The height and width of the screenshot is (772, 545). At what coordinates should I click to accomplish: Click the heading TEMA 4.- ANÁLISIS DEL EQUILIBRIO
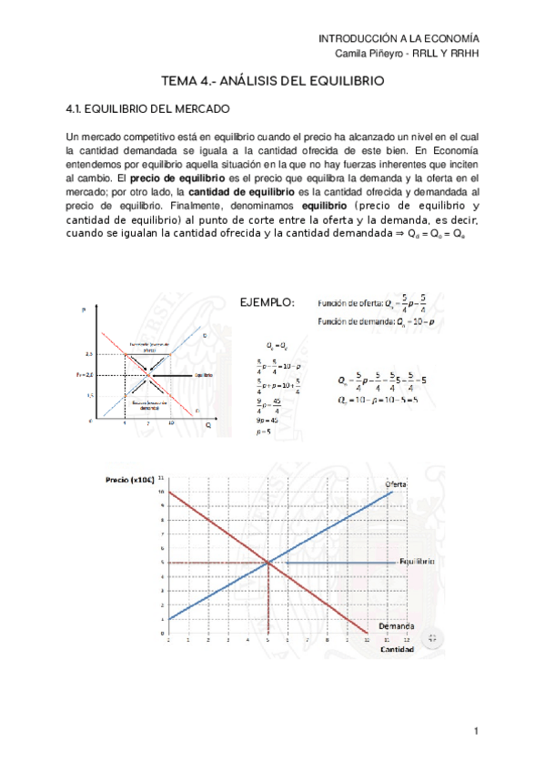[x=272, y=81]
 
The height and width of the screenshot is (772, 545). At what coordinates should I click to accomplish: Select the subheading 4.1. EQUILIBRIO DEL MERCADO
[x=141, y=110]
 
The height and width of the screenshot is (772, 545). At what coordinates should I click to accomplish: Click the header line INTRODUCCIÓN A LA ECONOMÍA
[x=399, y=39]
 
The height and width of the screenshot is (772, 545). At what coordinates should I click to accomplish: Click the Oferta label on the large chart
[x=395, y=482]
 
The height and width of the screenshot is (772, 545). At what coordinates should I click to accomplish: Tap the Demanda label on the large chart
[x=397, y=627]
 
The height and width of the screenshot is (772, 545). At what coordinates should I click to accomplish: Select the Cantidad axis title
[x=398, y=650]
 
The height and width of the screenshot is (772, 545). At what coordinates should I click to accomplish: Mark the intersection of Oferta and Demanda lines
[x=269, y=563]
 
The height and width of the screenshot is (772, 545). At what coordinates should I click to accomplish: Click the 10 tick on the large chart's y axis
[x=161, y=492]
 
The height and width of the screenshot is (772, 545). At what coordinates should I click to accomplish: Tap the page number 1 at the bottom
[x=475, y=731]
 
